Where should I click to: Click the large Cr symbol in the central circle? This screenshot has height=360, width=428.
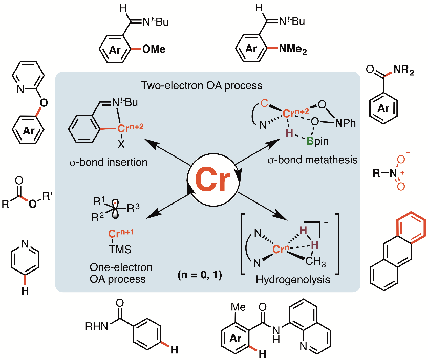pos(214,182)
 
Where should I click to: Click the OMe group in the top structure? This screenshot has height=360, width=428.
pos(155,50)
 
